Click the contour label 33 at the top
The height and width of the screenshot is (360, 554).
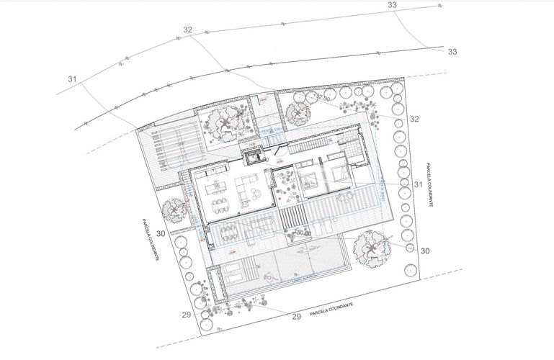pos(392,6)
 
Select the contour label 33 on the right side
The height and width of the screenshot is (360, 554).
pos(452,52)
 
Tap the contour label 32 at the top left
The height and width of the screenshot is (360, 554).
pos(188,30)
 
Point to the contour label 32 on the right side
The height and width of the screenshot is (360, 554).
pos(414,119)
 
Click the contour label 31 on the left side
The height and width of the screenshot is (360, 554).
pos(73,78)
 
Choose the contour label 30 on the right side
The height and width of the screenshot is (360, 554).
pos(424,251)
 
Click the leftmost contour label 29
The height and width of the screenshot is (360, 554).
pos(186,315)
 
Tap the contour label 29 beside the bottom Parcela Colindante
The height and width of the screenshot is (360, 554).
pos(295,316)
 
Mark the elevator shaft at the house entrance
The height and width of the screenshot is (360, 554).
pos(254,154)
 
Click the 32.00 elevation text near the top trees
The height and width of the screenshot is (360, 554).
pos(321,97)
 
